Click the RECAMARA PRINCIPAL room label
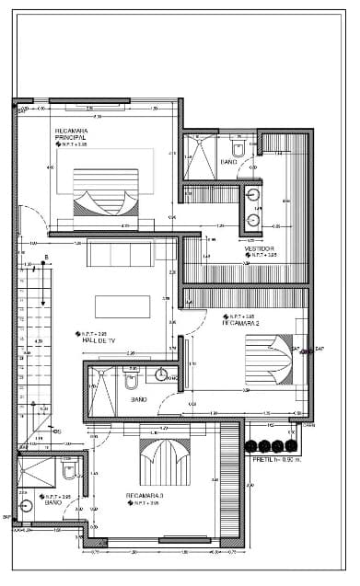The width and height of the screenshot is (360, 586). click(x=71, y=134)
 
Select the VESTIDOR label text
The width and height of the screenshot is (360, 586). click(x=259, y=248)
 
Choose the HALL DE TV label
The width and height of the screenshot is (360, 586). click(x=99, y=340)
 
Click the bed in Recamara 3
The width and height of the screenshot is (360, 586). click(x=163, y=460)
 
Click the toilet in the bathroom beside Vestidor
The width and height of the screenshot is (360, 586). click(x=238, y=147)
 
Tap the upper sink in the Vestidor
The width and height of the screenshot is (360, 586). click(x=252, y=193)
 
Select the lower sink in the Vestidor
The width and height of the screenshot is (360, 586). click(x=252, y=221)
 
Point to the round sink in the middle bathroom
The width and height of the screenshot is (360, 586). click(x=162, y=375)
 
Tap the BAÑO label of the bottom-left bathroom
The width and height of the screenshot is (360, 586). click(x=53, y=503)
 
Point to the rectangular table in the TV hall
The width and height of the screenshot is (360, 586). click(x=122, y=306)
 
